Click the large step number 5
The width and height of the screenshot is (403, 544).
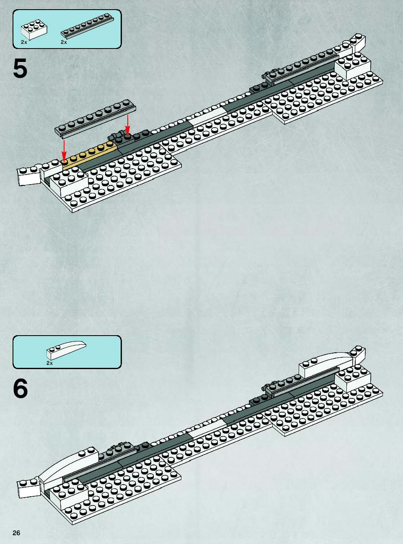[20, 69]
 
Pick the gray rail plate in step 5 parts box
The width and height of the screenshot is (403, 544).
[88, 26]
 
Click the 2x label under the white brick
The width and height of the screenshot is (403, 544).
[24, 42]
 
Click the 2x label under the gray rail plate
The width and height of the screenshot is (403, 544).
[64, 42]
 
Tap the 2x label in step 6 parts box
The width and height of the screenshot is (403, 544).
[49, 363]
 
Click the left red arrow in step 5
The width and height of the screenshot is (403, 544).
[64, 150]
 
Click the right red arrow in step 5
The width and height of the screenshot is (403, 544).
[127, 125]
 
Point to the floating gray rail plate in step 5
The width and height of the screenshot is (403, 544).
[95, 118]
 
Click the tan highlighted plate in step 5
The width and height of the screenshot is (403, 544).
[90, 155]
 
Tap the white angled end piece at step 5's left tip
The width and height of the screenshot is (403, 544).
[29, 176]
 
